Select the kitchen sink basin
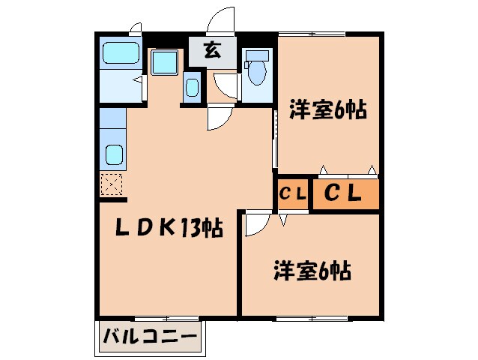(x=115, y=155)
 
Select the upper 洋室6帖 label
(x=327, y=111)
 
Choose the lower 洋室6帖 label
(x=313, y=270)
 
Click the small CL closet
(x=292, y=193)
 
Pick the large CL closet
(x=343, y=193)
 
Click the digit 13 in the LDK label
(x=188, y=226)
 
